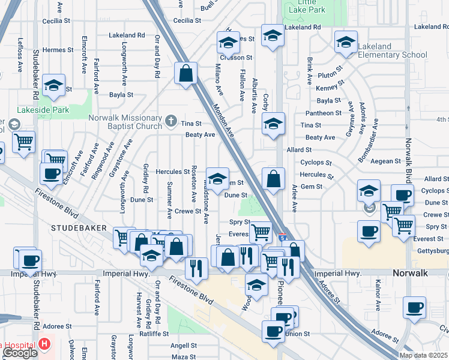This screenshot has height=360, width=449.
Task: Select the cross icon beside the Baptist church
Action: point(171,122)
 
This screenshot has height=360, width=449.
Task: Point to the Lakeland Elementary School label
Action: point(392,50)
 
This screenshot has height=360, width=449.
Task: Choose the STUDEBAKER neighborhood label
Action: point(79,228)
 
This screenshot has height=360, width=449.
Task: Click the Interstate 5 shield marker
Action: point(282,239)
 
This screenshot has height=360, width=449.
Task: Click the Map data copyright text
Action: point(423,355)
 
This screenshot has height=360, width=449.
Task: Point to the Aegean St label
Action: point(385,161)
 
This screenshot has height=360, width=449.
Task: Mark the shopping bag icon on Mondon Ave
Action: point(186,73)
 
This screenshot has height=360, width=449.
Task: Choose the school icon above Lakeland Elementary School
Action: point(346,41)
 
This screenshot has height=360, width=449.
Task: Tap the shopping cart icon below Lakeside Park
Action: point(23,142)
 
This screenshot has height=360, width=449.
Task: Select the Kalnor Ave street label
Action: point(378,298)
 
